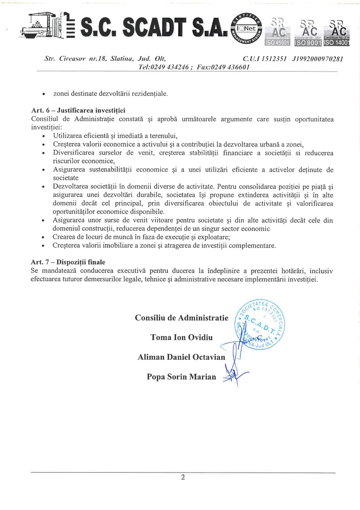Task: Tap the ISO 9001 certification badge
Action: (308, 33)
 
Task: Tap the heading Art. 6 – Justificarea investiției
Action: (78, 110)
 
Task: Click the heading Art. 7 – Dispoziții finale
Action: (68, 262)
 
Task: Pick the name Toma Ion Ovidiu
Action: (182, 337)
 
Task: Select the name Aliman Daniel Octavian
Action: (181, 357)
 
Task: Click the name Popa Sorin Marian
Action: (181, 377)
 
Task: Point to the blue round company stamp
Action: (260, 325)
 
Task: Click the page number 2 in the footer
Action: (183, 477)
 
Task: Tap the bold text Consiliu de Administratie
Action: (182, 318)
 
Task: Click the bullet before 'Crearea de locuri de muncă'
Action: (44, 237)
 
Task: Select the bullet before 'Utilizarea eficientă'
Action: (44, 136)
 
